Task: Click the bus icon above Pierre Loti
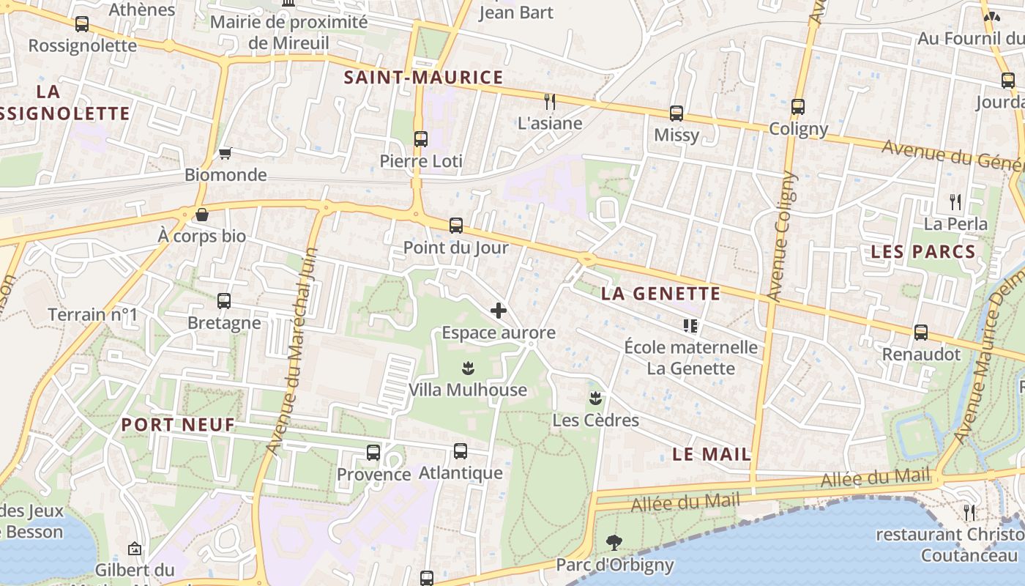(420, 138)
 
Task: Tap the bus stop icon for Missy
(676, 114)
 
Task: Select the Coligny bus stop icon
(798, 107)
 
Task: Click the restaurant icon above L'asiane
(550, 101)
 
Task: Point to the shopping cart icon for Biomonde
(225, 153)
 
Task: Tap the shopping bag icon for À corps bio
(202, 215)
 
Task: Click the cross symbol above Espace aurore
(499, 311)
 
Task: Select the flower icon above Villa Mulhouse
(468, 368)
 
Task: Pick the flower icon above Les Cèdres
(595, 398)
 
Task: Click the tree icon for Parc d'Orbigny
(614, 543)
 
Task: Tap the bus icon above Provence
(373, 453)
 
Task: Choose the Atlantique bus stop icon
(461, 451)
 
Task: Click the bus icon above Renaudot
(921, 333)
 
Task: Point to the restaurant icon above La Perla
(955, 201)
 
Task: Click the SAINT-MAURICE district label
(424, 78)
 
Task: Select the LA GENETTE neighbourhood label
(660, 294)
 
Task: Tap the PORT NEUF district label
(178, 424)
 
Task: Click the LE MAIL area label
(712, 454)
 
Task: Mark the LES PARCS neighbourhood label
(922, 252)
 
